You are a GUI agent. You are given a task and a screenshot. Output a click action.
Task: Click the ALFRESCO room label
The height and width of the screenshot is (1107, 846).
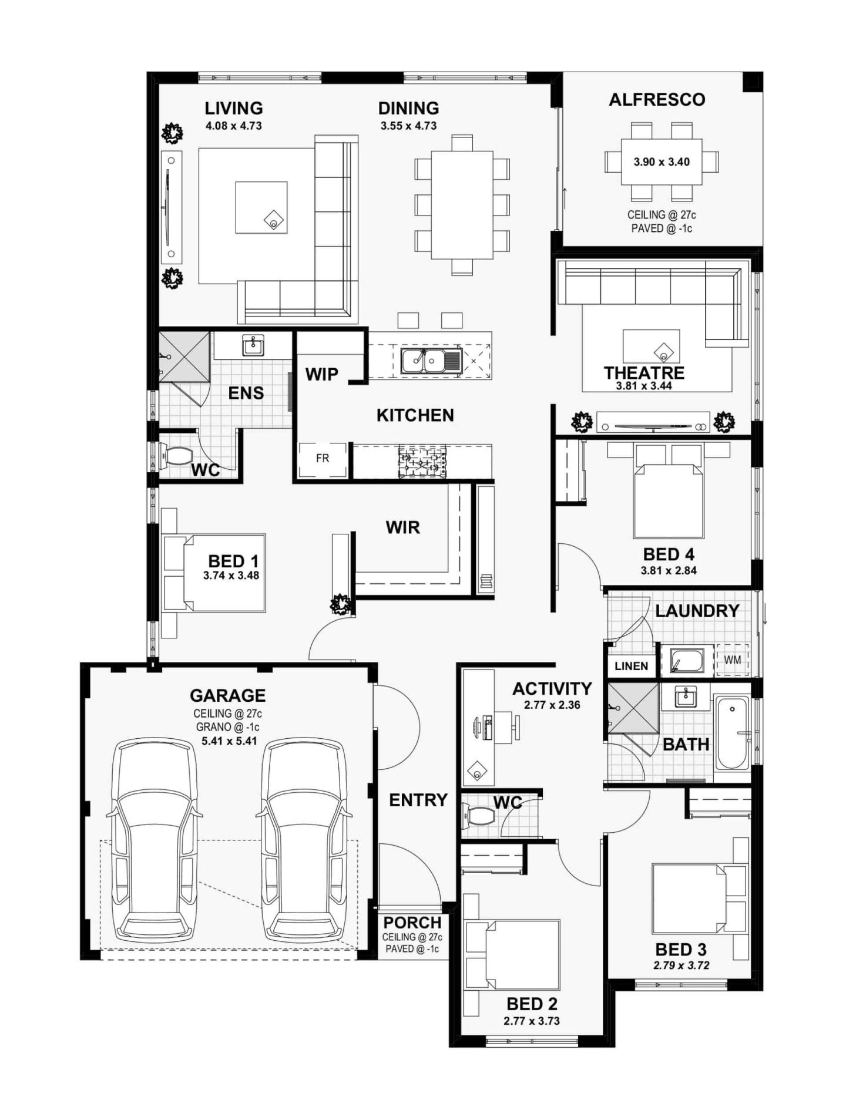pos(656,100)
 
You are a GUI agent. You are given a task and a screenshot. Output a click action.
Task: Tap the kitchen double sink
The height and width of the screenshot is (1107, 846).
pos(423,360)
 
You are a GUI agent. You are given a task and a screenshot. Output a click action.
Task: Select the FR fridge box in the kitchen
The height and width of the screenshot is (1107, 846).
pos(322,459)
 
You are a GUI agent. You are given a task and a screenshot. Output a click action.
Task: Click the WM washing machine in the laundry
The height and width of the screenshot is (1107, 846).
pos(731,660)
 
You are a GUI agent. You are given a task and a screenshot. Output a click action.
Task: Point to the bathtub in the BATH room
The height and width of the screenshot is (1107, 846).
pos(732,732)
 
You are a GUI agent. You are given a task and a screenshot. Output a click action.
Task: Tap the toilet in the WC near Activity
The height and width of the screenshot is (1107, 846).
pos(481,816)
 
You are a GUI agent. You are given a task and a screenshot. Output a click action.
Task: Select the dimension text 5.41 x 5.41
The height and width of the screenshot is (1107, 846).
pos(229,741)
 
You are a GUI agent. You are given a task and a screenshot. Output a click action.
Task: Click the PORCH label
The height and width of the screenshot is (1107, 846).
pos(412,923)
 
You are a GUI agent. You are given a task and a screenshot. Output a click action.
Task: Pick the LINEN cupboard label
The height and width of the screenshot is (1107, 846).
pos(631,666)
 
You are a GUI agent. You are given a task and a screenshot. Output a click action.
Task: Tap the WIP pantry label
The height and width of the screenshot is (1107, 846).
pos(321,374)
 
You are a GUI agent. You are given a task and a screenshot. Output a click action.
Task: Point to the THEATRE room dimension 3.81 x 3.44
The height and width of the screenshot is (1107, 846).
pos(643,386)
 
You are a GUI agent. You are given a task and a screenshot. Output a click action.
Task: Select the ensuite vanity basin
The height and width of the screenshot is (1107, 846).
pos(253,346)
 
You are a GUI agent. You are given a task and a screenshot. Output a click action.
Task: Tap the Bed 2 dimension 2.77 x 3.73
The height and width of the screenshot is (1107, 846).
pos(531,1021)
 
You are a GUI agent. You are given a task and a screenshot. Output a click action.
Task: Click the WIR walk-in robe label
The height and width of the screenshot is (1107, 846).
pos(402,527)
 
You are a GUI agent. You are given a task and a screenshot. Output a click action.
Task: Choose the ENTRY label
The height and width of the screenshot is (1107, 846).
pos(418,800)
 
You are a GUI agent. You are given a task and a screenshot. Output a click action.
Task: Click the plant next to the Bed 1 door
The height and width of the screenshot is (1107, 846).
pos(340,603)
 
